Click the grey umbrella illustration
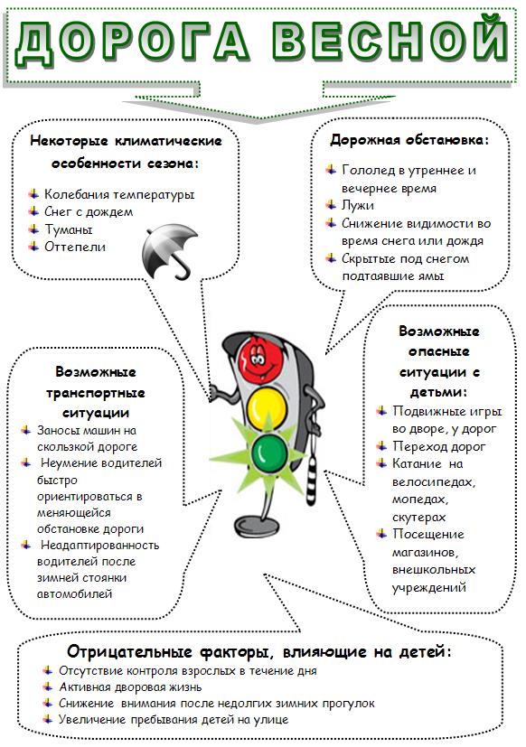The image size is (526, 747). click(x=169, y=251)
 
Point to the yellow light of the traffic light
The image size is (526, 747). click(x=267, y=406)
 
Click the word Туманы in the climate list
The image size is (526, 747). click(x=68, y=229)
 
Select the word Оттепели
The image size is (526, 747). click(x=75, y=247)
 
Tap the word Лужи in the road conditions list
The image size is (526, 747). click(x=358, y=205)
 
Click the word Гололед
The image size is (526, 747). click(x=369, y=170)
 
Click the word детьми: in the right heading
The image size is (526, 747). click(x=438, y=392)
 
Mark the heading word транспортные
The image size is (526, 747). click(x=96, y=394)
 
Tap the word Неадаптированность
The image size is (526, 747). click(x=99, y=545)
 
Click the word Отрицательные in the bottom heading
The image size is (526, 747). click(x=129, y=651)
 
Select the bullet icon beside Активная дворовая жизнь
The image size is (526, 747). click(x=47, y=686)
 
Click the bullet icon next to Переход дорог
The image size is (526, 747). click(x=381, y=446)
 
